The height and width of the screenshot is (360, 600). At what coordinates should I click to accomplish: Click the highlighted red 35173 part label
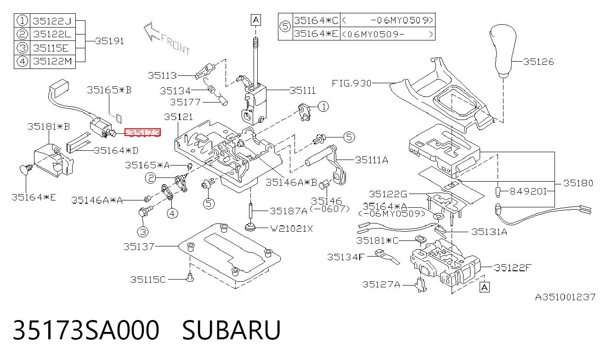[x=142, y=132]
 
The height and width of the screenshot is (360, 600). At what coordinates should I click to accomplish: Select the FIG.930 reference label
[x=351, y=83]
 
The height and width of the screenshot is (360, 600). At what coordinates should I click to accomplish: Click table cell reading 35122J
[x=52, y=21]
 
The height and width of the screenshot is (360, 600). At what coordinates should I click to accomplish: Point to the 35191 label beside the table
[x=109, y=41]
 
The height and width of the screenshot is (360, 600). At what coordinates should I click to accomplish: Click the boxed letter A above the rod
[x=256, y=20]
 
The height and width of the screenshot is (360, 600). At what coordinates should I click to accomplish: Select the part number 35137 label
[x=139, y=246]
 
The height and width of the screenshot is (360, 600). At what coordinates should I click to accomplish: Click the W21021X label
[x=291, y=229]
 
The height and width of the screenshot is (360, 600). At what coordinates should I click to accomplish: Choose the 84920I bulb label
[x=528, y=191]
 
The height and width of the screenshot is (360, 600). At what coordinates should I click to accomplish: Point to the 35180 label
[x=578, y=183]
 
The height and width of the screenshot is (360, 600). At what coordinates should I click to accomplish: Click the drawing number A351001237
[x=565, y=297]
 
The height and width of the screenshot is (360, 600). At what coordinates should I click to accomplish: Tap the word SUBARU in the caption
[x=232, y=330]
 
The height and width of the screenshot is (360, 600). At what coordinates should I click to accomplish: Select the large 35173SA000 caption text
[x=86, y=330]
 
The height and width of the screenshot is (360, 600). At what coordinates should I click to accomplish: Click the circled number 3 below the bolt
[x=143, y=232]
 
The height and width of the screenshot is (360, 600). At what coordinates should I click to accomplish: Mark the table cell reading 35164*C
[x=317, y=20]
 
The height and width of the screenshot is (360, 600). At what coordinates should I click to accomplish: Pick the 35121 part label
[x=178, y=117]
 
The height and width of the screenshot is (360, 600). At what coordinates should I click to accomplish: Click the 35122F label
[x=512, y=268]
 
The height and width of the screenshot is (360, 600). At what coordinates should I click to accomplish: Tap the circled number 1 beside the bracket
[x=323, y=107]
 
